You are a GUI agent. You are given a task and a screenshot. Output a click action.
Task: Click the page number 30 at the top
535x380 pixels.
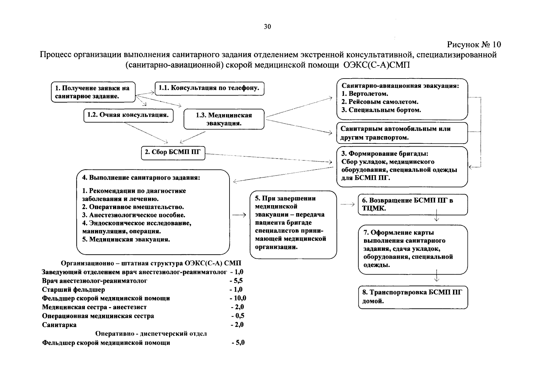[x=267, y=27]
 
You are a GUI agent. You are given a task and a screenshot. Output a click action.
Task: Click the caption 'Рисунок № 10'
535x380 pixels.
[x=474, y=44]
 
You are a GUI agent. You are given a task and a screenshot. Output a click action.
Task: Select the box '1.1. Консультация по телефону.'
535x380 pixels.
[x=209, y=88]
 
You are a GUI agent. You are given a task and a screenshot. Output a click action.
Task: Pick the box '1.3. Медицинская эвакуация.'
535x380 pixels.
[x=224, y=119]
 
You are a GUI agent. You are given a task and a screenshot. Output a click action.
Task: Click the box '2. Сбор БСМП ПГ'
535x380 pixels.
[x=173, y=152]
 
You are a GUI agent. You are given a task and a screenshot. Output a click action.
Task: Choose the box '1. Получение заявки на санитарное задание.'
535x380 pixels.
[x=93, y=92]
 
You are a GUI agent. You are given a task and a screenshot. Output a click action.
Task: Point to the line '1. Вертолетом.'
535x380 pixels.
[x=365, y=94]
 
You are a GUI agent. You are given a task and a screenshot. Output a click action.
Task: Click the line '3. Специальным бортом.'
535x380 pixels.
[x=381, y=110]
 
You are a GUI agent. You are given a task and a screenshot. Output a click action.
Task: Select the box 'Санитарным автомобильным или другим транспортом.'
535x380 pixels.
[x=402, y=133]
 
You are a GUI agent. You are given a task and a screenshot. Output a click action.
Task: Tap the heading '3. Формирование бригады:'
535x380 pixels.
[x=385, y=154]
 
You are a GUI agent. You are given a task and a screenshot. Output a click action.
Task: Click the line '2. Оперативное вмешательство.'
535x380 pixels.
[x=133, y=207]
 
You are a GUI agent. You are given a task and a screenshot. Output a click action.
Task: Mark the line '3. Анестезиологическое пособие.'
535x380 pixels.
[x=134, y=215]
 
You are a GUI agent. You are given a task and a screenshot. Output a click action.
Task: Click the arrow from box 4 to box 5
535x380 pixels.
[x=239, y=215]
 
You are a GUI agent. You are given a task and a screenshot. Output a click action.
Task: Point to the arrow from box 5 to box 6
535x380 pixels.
[x=347, y=205]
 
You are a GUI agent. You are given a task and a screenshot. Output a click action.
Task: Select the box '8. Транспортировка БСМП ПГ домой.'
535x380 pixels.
[x=413, y=297]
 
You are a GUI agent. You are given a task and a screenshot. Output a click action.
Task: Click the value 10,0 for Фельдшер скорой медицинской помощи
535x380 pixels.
[x=238, y=298]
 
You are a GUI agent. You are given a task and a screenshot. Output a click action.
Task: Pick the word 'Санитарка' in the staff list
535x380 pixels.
[x=59, y=325]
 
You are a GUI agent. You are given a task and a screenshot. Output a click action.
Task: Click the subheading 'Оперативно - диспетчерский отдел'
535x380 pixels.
[x=151, y=334]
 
